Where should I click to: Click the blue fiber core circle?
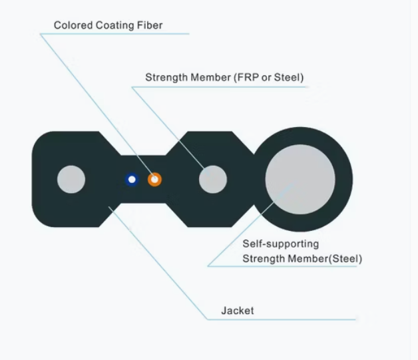[132, 179]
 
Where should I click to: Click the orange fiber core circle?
[154, 179]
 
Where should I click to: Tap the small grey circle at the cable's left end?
[71, 180]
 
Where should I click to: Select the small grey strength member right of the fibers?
[213, 180]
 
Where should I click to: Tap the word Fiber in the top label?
[149, 26]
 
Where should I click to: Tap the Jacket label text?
[238, 311]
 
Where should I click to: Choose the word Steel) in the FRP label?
[290, 78]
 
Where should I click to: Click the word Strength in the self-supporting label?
[261, 258]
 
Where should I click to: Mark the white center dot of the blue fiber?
[132, 179]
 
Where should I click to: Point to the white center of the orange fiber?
[154, 179]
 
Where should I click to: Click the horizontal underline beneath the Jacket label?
[280, 320]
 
